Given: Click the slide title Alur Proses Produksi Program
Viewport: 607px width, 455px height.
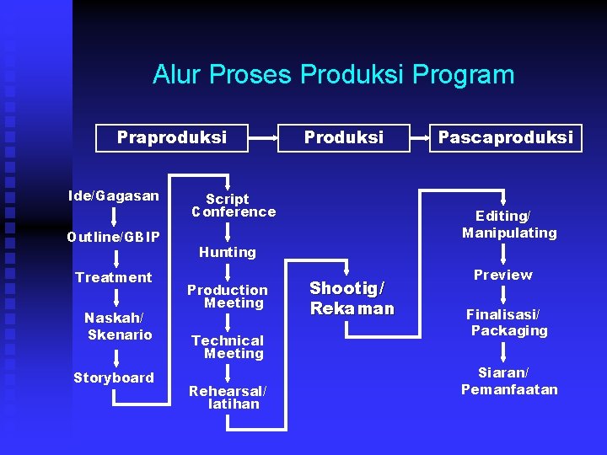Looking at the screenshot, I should tap(333, 75).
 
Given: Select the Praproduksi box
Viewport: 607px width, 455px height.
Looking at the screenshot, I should tap(172, 137).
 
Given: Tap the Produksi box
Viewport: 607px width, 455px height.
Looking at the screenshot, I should tap(343, 137).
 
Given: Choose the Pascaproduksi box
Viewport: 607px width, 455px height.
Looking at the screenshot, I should tap(505, 137).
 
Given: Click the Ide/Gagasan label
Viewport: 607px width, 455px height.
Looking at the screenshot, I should tap(113, 196).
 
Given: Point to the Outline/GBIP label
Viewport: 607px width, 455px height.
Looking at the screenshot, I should tap(113, 237).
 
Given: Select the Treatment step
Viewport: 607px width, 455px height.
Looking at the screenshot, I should tap(113, 277).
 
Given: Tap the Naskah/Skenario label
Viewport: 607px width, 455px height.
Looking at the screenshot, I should tap(118, 326).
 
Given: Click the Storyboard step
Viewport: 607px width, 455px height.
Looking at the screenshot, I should tap(113, 377).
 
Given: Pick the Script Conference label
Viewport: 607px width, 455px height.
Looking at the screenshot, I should tap(232, 206).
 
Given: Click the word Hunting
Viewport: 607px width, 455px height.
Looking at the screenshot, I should tap(227, 252).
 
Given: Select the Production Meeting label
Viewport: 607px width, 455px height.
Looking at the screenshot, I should tap(228, 296).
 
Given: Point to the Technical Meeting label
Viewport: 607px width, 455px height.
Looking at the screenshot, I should tap(228, 347).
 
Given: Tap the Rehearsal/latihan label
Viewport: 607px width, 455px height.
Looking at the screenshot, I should tap(228, 397).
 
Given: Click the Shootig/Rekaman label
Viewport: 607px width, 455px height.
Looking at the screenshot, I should tap(352, 297).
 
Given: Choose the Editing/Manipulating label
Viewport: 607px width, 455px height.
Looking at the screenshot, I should tap(509, 224).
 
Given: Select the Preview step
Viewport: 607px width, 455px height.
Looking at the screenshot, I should tap(502, 275).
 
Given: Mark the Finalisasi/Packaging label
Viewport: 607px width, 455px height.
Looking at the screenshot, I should tap(506, 322).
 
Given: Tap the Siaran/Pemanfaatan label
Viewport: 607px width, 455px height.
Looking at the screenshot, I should tap(508, 381).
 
